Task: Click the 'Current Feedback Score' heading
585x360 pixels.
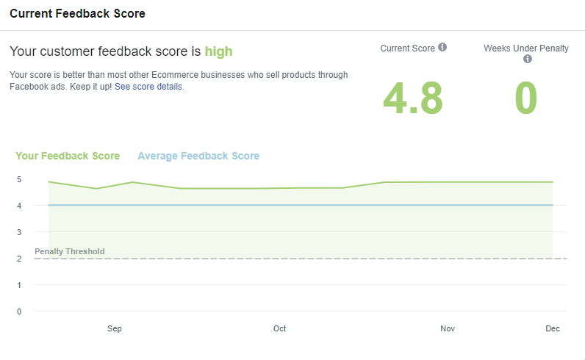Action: [77, 14]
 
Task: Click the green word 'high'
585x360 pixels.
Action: [218, 51]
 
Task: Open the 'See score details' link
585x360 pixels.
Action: [148, 87]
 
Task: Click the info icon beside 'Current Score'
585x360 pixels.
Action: [442, 48]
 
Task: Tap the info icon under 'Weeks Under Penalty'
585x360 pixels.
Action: [527, 60]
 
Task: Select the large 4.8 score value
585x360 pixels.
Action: [412, 98]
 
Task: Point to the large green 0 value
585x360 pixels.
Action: [526, 98]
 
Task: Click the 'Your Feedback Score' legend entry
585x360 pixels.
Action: [68, 156]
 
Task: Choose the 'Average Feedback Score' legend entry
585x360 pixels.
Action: [198, 156]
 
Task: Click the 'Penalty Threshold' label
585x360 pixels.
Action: [70, 251]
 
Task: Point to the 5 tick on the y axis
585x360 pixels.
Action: [19, 179]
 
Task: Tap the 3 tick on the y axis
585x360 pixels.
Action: [19, 232]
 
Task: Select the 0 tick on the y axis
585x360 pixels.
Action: [19, 312]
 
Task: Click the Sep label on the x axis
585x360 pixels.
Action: [114, 328]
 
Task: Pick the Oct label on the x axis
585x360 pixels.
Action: [279, 328]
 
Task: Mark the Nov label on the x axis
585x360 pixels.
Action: [448, 328]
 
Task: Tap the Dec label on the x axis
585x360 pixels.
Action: [553, 328]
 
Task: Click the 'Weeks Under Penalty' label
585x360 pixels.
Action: [526, 48]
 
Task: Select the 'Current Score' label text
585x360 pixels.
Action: [407, 48]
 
